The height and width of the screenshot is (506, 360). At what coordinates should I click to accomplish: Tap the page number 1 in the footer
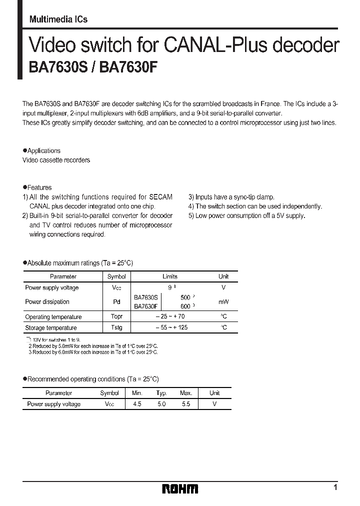pos(335,487)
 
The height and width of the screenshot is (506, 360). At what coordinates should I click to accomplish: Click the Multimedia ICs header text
pos(58,19)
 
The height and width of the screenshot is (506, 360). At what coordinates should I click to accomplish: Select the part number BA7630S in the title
pos(55,67)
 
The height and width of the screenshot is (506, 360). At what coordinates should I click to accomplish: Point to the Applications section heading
pos(43,150)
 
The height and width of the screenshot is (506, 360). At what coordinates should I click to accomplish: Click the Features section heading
pos(39,187)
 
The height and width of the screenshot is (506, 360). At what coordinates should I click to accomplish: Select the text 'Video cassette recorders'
pos(56,160)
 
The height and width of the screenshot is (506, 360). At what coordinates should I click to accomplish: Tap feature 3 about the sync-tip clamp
pos(231,197)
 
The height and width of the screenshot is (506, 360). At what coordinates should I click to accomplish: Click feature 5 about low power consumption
pos(246,215)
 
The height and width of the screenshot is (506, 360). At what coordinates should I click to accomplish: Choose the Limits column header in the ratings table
pos(170,276)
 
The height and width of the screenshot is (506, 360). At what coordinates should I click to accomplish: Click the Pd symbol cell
pos(116,302)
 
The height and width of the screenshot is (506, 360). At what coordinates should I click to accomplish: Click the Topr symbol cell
pos(116,316)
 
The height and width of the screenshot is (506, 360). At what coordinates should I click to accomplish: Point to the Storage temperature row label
pos(50,327)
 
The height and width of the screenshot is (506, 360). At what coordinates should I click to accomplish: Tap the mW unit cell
pos(223,302)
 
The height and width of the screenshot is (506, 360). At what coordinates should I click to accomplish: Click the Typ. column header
pos(161,393)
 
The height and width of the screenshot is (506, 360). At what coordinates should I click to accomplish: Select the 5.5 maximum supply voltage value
pos(186,404)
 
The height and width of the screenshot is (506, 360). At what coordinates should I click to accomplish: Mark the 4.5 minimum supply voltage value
pos(137,404)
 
